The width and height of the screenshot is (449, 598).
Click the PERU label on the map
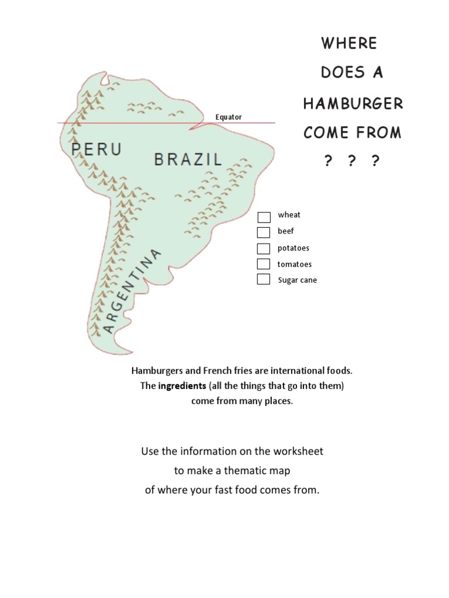(96, 149)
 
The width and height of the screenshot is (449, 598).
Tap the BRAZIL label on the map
(188, 159)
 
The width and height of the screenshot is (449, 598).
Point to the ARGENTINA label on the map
(132, 291)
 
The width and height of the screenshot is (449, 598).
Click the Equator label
(228, 117)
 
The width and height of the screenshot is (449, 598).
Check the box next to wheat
(264, 217)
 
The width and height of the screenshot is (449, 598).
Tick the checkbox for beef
(264, 232)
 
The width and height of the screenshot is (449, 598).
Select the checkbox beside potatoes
(264, 248)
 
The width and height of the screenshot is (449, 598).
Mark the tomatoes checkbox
(264, 264)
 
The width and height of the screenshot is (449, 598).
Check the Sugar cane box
(264, 279)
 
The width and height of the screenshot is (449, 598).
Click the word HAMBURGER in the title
(353, 104)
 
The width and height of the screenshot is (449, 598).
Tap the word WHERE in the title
(350, 43)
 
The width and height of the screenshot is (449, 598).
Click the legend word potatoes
(293, 248)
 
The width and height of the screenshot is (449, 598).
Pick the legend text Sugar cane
(297, 280)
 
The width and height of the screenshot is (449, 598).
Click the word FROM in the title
(379, 133)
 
